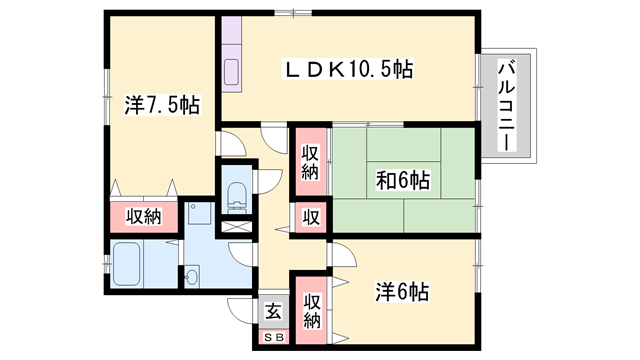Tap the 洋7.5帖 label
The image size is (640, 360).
pyautogui.click(x=159, y=104)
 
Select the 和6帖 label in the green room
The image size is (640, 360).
pyautogui.click(x=403, y=181)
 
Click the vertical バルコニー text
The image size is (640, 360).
pyautogui.click(x=506, y=105)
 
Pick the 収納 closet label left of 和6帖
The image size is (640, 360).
pyautogui.click(x=311, y=162)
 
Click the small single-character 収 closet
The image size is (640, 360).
pyautogui.click(x=311, y=217)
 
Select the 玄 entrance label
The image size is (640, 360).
pyautogui.click(x=273, y=310)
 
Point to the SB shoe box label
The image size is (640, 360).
pyautogui.click(x=273, y=337)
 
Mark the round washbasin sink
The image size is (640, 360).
pyautogui.click(x=191, y=275)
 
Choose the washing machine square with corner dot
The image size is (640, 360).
pyautogui.click(x=198, y=216)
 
